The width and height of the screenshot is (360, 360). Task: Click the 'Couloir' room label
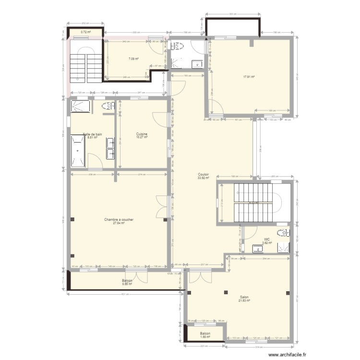coord(203,174)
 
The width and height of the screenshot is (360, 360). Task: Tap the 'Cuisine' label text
coord(142,134)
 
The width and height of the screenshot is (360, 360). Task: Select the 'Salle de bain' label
coord(92,134)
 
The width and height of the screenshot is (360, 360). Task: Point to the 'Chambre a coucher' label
coord(119,219)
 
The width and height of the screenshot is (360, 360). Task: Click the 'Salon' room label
coord(244,297)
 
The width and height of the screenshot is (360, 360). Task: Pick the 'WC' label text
coord(266,239)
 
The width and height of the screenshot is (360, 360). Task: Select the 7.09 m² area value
coord(133,59)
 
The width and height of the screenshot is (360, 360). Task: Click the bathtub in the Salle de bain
coord(78,150)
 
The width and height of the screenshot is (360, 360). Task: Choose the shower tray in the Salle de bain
coord(81,107)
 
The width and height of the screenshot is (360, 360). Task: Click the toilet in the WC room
coord(286,233)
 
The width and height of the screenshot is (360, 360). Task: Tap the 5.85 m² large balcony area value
coord(128,284)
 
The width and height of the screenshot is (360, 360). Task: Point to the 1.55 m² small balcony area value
coord(205,337)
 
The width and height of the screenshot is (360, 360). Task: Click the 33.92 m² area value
coord(203,178)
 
